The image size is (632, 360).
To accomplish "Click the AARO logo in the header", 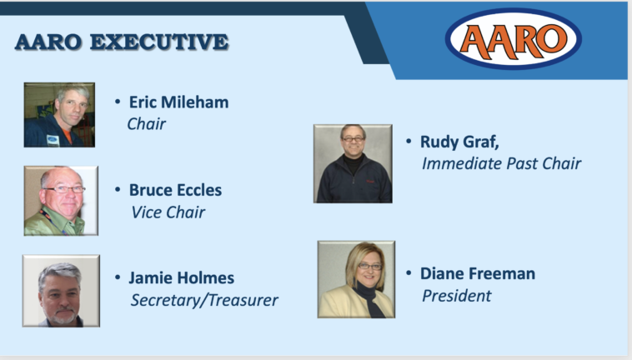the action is point(513,38).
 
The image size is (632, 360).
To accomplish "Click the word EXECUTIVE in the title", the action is point(159,42).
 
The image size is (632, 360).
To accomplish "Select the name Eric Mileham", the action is point(178,102).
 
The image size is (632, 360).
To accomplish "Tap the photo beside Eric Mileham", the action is point(59,115).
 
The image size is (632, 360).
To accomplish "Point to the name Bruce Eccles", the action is point(175,190).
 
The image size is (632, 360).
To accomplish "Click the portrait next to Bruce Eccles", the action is point(61,201).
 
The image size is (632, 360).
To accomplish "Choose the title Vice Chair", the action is point(168,212).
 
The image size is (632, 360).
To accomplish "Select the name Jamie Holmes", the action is point(182,277).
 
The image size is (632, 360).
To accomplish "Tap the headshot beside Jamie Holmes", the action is point(61,290).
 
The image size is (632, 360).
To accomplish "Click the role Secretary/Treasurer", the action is point(204,300).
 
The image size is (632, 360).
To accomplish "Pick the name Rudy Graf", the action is point(459,142).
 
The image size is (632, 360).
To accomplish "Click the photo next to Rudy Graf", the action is point(353,163).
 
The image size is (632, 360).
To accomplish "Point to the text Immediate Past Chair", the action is point(501,163).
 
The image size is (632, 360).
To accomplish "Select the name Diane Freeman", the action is point(478,274).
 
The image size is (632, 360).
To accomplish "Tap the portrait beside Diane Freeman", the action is point(356,279).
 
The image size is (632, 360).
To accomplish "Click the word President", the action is point(456,296).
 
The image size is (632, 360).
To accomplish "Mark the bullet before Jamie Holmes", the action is point(118,277).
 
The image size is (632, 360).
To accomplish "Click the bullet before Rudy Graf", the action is point(409,142).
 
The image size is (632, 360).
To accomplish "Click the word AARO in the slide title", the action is point(48,42).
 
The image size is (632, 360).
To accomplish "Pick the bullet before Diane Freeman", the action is point(409,273).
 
